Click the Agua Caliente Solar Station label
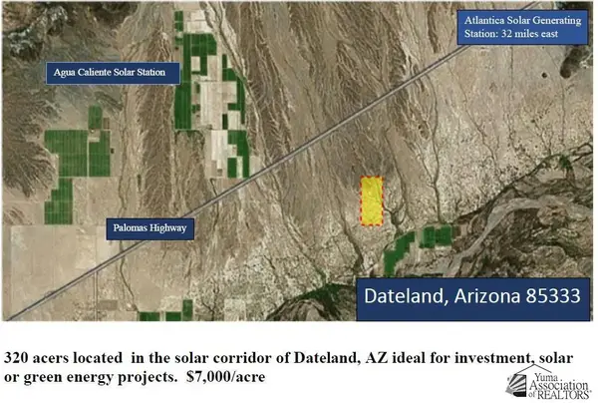pyautogui.click(x=116, y=72)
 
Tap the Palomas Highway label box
pyautogui.click(x=149, y=228)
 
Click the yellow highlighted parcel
pyautogui.click(x=371, y=201)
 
